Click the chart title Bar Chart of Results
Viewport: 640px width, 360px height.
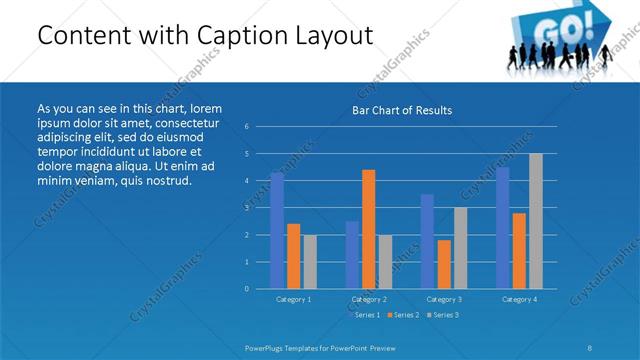click(401, 110)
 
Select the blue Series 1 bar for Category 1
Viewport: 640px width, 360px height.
click(277, 230)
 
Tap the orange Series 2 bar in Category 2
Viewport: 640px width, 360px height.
click(368, 229)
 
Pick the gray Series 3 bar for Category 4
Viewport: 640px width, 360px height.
click(535, 221)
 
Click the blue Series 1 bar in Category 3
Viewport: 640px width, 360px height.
click(427, 241)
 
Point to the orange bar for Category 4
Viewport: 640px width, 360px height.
click(519, 250)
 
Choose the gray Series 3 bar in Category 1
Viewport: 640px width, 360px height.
click(309, 261)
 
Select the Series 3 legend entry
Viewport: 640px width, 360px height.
click(445, 315)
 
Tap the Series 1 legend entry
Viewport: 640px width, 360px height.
click(364, 315)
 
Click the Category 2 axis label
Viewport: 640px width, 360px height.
click(368, 299)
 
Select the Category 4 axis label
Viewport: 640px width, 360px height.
click(519, 299)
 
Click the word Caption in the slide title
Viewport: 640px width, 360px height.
click(245, 36)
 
